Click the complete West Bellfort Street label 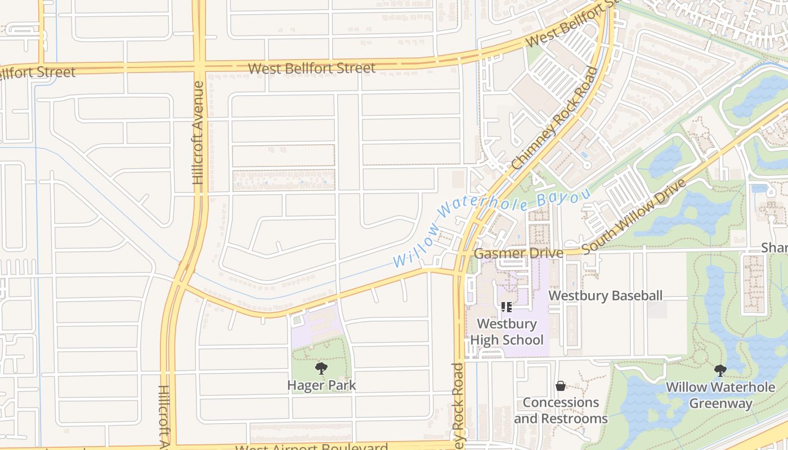point(311,69)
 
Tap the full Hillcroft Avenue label point(198,133)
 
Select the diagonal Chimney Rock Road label point(554,119)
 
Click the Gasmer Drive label point(518,254)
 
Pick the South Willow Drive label point(634,217)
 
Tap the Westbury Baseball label point(606,296)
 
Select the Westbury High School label point(507,332)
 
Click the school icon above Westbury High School point(506,307)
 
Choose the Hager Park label point(321,386)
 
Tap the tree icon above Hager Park point(321,369)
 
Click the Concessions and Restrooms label point(561,411)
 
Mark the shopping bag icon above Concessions point(560,386)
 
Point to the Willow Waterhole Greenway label point(720,395)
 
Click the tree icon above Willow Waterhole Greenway point(720,370)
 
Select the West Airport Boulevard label point(311,448)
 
